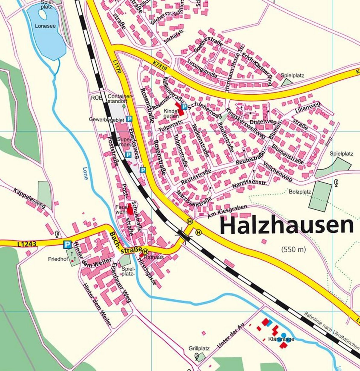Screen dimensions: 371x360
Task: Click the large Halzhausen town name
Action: coord(287,226)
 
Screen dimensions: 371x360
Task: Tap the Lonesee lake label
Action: coord(45,26)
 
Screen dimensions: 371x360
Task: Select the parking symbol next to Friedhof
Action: coord(67,245)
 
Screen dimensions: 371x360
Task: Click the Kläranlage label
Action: coord(281,339)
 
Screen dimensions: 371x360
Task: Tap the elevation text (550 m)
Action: coord(293,249)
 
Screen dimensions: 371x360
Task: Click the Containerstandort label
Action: coord(120,99)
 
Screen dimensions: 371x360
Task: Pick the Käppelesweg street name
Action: coord(29,198)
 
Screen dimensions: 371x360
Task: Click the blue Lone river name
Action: coord(85,173)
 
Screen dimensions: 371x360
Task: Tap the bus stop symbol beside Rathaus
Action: coord(145,251)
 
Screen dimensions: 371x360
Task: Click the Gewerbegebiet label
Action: coord(107,119)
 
